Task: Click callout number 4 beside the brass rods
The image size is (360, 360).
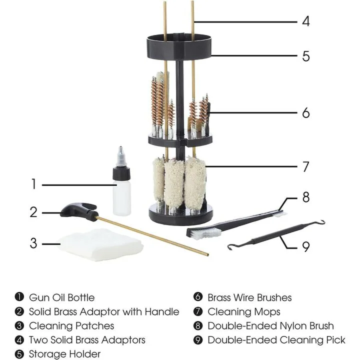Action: click(305, 21)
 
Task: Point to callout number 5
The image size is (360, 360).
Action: click(305, 56)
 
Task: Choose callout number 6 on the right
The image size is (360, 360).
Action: click(305, 113)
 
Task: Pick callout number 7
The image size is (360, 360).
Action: click(305, 166)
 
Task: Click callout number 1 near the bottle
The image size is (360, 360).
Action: click(33, 184)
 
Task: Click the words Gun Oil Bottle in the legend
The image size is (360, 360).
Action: click(61, 297)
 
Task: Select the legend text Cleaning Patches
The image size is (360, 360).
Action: click(71, 326)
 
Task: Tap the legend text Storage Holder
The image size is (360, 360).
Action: click(64, 354)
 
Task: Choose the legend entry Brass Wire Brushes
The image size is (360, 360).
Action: click(249, 297)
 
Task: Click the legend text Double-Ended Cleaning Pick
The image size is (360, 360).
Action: click(276, 340)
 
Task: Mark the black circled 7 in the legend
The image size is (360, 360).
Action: click(197, 312)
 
